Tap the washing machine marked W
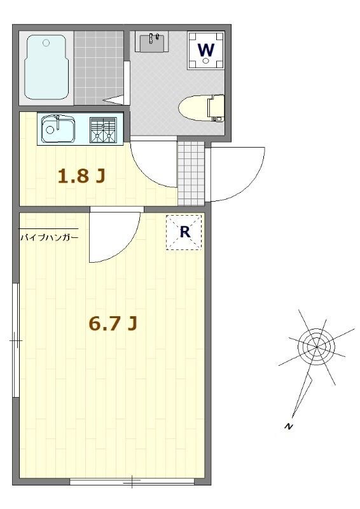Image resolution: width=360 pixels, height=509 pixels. [x=206, y=50]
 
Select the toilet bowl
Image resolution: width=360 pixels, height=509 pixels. [x=202, y=107]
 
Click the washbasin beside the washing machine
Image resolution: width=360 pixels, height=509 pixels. [x=153, y=42]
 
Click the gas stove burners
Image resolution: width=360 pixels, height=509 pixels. [x=103, y=130]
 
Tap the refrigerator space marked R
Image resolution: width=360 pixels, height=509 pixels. [x=184, y=232]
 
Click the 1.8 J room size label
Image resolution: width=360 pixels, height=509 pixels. [x=81, y=176]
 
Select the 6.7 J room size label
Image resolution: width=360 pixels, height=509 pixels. [x=113, y=323]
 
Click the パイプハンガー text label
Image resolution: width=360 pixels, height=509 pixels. [x=50, y=237]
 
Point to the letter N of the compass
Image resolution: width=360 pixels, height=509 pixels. [x=287, y=426]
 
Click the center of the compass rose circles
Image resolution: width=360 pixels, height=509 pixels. [x=316, y=347]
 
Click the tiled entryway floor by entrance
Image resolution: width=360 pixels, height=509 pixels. [x=191, y=174]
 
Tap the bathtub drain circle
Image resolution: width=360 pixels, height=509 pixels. [x=46, y=42]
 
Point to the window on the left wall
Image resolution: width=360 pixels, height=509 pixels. [x=15, y=340]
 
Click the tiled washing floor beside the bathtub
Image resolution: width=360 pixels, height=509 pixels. [x=99, y=68]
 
